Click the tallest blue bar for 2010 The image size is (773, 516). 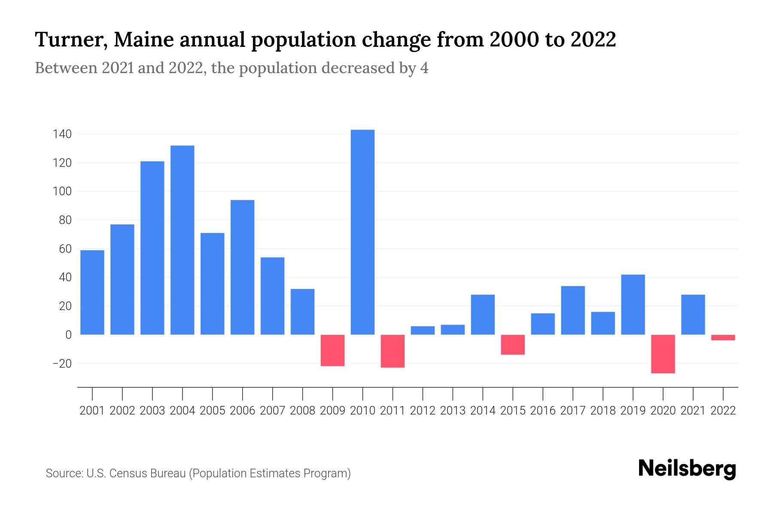[362, 232]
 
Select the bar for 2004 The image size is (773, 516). [182, 240]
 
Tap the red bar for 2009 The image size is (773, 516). [332, 350]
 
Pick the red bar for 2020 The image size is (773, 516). [663, 353]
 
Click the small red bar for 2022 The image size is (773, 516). [723, 338]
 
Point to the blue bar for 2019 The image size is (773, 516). [633, 304]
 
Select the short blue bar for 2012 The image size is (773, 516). [423, 330]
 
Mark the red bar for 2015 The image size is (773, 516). [513, 344]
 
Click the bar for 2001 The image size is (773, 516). [92, 292]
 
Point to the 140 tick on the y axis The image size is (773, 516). [62, 134]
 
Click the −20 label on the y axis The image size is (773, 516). [62, 364]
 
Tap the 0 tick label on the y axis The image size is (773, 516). [68, 335]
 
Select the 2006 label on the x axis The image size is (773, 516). [242, 411]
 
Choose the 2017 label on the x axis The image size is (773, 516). [573, 411]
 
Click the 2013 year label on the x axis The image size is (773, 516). [453, 411]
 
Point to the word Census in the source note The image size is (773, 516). [127, 473]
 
